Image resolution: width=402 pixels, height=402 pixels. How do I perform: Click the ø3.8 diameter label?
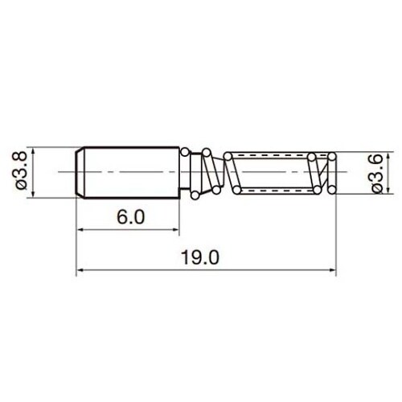coord(20,170)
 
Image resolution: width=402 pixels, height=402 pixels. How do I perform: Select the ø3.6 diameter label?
coord(378,174)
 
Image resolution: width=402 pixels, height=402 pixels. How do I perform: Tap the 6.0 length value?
coord(130,217)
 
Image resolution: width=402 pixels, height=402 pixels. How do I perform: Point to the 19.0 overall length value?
coord(200,257)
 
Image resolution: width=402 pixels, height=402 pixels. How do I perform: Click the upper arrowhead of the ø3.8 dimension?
coord(33,151)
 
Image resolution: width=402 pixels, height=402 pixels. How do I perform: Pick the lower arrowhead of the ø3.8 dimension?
coord(33,194)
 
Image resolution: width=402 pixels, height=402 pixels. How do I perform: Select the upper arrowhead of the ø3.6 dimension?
coord(388,156)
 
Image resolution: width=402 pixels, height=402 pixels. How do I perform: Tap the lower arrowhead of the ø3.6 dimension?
coord(388,189)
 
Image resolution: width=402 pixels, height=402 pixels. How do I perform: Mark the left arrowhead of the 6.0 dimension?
coord(81,229)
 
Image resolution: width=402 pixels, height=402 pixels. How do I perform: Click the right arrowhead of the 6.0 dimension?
coord(174,229)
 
